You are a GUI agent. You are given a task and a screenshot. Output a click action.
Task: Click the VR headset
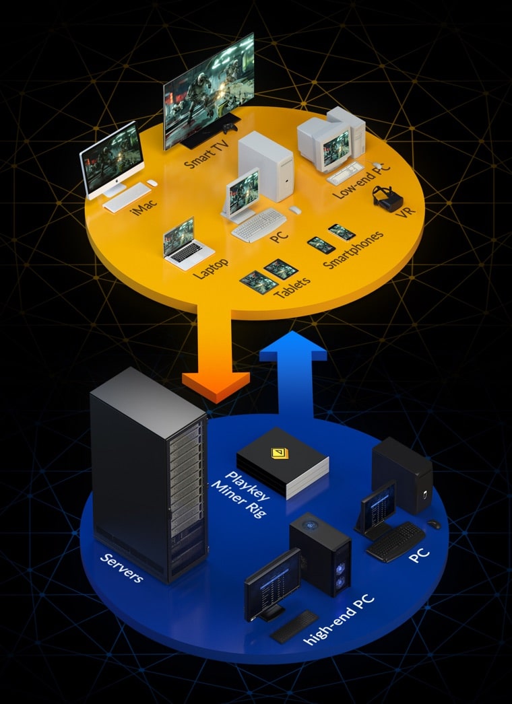(388, 199)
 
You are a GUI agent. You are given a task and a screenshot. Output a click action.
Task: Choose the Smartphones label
(353, 249)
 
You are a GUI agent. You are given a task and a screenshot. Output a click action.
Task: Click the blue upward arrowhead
(292, 344)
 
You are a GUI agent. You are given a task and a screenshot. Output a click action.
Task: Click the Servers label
(121, 568)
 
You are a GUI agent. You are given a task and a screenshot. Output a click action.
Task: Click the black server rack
(148, 471)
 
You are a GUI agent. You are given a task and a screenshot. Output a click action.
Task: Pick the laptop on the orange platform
(181, 244)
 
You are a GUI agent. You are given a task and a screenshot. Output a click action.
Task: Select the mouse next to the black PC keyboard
(433, 524)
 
